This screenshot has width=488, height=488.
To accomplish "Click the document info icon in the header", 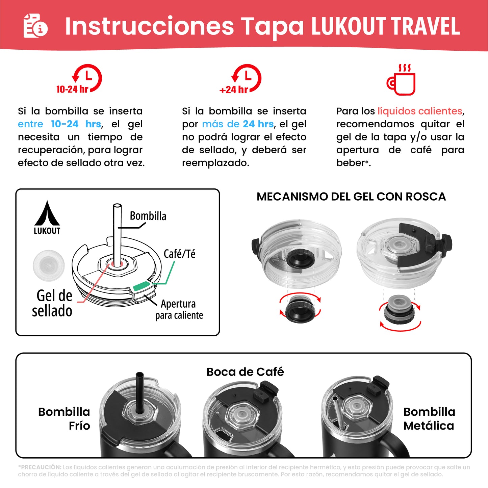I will click(35, 26).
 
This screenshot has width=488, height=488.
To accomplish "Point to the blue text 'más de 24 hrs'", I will click(238, 124).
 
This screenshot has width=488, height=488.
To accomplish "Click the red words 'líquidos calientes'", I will click(420, 111).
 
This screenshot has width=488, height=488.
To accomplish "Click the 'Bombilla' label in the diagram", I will click(148, 216).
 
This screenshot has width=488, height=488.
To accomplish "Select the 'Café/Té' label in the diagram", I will click(179, 254).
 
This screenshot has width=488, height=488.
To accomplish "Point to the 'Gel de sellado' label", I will click(53, 303).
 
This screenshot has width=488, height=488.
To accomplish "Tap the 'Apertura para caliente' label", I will click(179, 309).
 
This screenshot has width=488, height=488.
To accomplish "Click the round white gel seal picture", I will click(49, 265).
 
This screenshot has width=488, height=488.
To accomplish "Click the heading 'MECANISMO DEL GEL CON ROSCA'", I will click(351, 197).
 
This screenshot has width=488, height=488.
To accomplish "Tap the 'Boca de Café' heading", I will click(245, 372).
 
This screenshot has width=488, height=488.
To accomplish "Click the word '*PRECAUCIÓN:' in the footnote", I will click(40, 467).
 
